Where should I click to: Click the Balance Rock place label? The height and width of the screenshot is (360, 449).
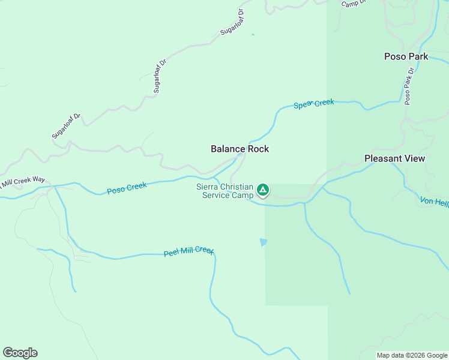pos(240,149)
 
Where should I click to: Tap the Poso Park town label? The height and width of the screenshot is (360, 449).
pos(406,56)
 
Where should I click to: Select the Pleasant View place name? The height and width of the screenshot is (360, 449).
pos(394,158)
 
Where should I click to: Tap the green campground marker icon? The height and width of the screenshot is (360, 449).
pos(263,190)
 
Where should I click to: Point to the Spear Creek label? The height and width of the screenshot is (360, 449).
pos(313,104)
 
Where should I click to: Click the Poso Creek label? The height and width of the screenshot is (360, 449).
pos(127,188)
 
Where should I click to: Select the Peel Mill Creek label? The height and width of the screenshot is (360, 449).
pos(188,252)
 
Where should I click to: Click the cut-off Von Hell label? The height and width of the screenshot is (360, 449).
pos(435,203)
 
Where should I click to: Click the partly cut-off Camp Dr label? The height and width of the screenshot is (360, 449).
pos(354,3)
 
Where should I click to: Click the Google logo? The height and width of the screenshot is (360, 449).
pos(20,353)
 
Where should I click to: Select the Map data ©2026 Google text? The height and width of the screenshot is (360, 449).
pos(412,355)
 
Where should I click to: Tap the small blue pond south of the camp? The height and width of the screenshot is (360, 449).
pos(263,242)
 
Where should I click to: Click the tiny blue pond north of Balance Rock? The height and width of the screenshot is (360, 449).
pos(253,34)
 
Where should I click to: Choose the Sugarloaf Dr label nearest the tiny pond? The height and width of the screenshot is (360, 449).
pos(233,22)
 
